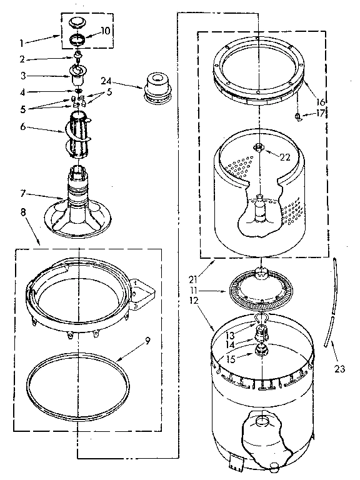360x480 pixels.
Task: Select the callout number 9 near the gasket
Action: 147,341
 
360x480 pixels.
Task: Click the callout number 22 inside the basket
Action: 285,157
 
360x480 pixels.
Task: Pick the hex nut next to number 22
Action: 258,147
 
